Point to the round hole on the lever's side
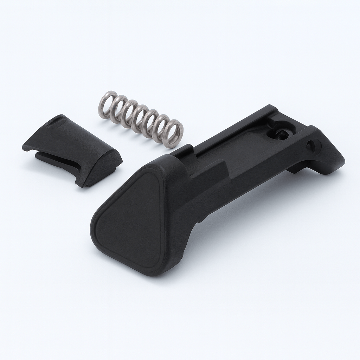311,147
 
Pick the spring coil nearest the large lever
174,134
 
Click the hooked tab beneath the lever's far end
295,169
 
